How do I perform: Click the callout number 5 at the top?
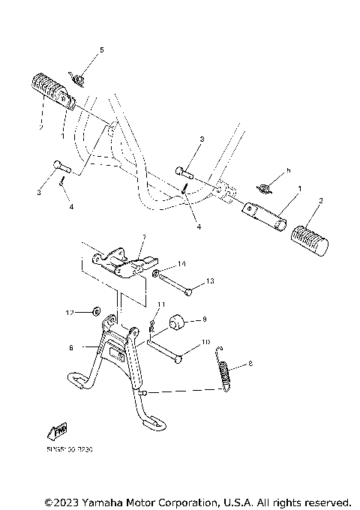coord(103,49)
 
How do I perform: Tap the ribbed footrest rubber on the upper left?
coord(48,86)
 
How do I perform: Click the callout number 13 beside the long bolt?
coord(210,280)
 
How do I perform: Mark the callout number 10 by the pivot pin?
coord(207,343)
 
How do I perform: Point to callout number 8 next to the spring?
coord(250,364)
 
